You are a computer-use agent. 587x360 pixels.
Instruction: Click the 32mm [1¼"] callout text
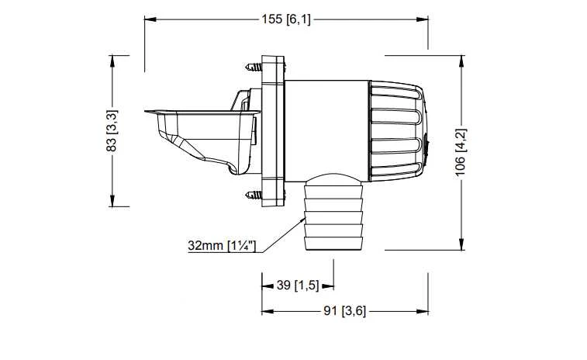[x=222, y=246]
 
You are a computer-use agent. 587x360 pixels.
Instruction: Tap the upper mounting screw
[x=254, y=67]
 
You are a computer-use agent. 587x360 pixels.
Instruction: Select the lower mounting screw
[x=254, y=195]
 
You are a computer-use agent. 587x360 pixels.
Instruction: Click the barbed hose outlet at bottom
[x=333, y=212]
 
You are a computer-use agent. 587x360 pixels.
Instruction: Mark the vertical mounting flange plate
[x=273, y=131]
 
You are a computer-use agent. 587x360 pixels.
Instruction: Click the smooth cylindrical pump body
[x=326, y=131]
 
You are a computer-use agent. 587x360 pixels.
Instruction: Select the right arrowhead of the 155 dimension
[x=423, y=19]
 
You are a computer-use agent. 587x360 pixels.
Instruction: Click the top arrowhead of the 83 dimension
[x=112, y=61]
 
